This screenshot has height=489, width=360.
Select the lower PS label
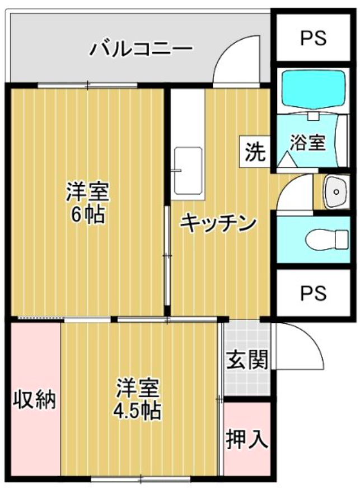point(313,293)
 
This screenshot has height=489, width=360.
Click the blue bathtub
point(313,90)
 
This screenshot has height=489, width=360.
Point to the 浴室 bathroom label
point(308,143)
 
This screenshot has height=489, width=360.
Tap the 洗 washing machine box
point(255,152)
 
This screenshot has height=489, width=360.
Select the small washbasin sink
point(336,191)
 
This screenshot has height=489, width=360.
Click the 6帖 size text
point(87,215)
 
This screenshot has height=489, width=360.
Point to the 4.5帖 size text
point(137,411)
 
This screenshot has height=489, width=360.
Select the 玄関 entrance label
point(247,360)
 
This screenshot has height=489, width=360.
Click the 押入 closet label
point(247,439)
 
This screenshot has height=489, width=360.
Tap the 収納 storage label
point(34,399)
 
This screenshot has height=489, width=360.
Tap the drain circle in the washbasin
point(336,191)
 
